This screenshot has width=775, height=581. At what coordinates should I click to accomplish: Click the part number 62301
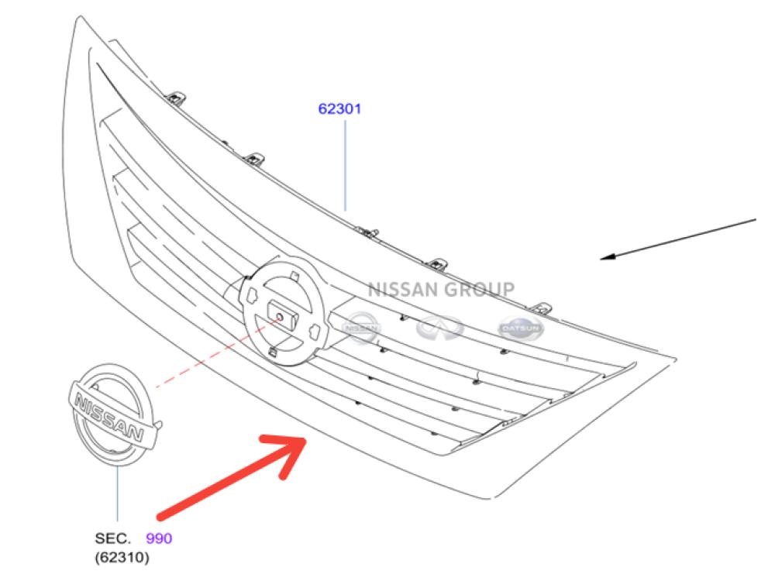(x=339, y=108)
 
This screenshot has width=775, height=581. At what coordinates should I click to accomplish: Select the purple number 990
(x=159, y=538)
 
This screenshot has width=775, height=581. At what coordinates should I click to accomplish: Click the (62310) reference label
(x=122, y=557)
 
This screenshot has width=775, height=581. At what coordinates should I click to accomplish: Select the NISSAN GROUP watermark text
(x=440, y=290)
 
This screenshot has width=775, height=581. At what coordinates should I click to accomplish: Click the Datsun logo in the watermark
(x=521, y=328)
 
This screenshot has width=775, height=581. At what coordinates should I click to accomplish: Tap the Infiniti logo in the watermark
(x=439, y=328)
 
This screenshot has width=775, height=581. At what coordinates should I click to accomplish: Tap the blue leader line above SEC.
(x=118, y=496)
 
